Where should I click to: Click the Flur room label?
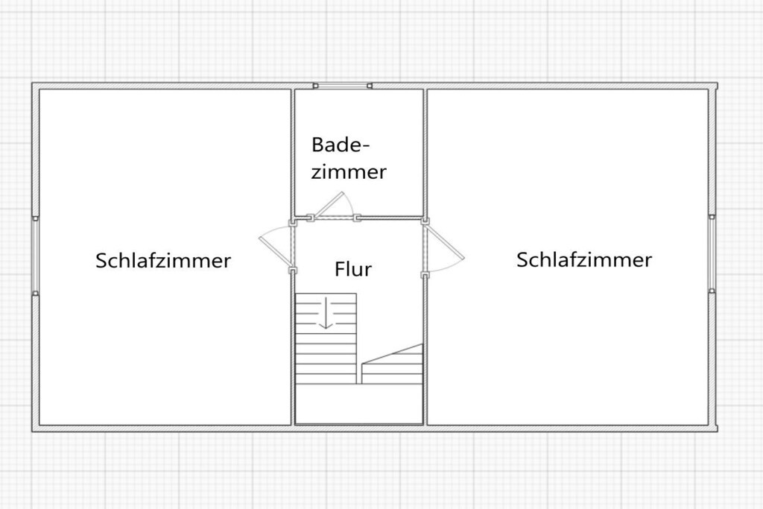coord(353,269)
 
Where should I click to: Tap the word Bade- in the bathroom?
coord(341,145)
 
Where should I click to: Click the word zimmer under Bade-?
coord(349,171)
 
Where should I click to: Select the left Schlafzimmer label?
coord(163,260)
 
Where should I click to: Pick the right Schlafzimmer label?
coord(584,259)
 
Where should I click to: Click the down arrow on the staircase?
coord(325,312)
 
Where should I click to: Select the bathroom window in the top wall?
coord(343,86)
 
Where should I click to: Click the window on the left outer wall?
coord(36,256)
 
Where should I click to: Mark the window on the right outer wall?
coord(712,253)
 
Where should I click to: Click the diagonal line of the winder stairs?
coord(392,353)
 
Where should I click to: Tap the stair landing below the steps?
coord(359,403)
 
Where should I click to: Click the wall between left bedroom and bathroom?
coord(293,154)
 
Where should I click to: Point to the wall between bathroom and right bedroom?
coord(425,154)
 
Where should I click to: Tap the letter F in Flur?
coord(340,269)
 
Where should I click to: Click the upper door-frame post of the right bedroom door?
coord(425,221)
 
